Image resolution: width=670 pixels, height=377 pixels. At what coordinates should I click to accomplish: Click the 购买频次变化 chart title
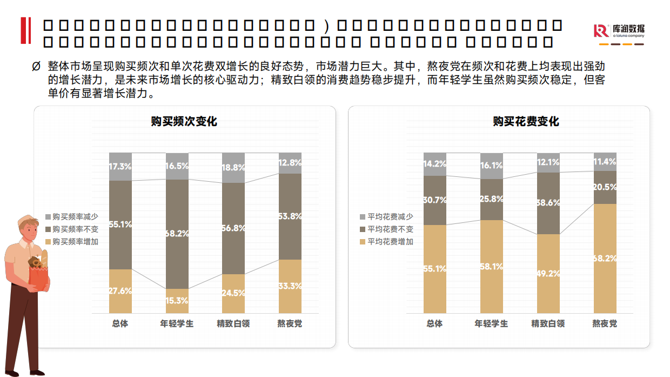click(x=184, y=122)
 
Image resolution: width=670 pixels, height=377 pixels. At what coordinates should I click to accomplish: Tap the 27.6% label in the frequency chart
click(x=120, y=291)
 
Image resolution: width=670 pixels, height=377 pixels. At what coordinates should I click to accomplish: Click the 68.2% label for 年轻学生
click(x=177, y=234)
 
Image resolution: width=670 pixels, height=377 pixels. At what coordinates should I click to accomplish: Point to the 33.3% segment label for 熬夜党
click(x=291, y=286)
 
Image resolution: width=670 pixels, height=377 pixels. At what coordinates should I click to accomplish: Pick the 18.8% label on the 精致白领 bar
click(x=234, y=168)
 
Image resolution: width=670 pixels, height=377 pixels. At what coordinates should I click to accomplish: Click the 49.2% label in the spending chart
click(x=548, y=274)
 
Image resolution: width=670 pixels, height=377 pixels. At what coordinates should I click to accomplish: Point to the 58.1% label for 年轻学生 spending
click(x=492, y=267)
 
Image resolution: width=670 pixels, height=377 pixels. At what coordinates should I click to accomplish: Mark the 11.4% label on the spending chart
click(x=605, y=162)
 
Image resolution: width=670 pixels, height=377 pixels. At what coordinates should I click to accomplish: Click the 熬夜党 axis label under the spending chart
click(x=605, y=324)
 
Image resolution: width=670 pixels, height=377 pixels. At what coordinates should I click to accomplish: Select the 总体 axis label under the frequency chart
click(x=120, y=324)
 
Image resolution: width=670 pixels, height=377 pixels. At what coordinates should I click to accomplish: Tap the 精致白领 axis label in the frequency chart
click(x=233, y=324)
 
